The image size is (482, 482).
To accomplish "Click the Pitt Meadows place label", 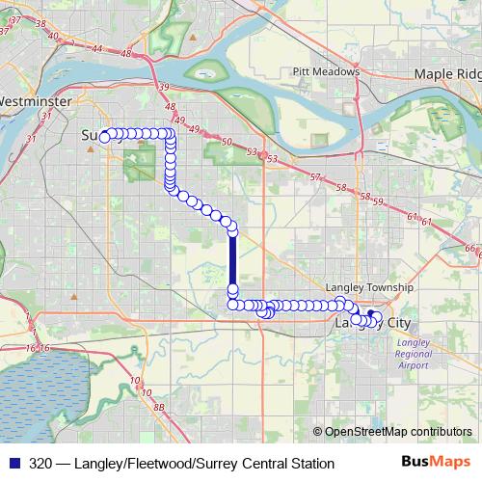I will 326,71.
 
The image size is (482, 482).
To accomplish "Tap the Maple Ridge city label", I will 446,73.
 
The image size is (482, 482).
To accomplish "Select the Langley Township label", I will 369,287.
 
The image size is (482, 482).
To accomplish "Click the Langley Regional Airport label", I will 414,354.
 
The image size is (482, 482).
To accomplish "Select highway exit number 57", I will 315,177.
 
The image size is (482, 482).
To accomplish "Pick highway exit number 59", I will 378,201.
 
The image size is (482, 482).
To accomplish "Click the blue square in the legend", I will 13,464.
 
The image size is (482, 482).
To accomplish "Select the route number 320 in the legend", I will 41,464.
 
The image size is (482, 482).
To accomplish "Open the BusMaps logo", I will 436,463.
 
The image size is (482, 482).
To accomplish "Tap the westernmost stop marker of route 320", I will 104,136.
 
